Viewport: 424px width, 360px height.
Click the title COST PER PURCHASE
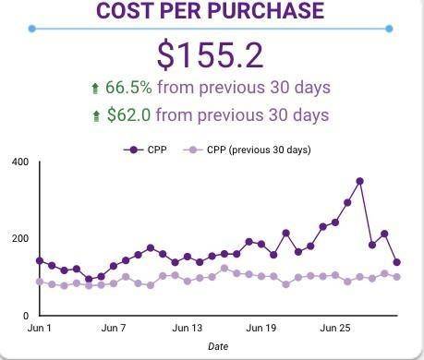211,11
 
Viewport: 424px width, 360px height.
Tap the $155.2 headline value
211,55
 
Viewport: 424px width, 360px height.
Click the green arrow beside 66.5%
146,89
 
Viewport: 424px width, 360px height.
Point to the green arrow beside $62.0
146,116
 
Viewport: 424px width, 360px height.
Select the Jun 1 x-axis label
40,328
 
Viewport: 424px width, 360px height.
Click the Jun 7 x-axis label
114,328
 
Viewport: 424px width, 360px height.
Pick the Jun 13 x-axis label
188,328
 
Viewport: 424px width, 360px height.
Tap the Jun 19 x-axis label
261,328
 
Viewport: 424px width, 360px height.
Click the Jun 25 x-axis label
335,328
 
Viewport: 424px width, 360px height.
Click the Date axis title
218,347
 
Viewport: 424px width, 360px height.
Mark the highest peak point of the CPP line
359,181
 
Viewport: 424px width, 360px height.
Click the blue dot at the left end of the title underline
32,29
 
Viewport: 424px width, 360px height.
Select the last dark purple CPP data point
396,262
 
